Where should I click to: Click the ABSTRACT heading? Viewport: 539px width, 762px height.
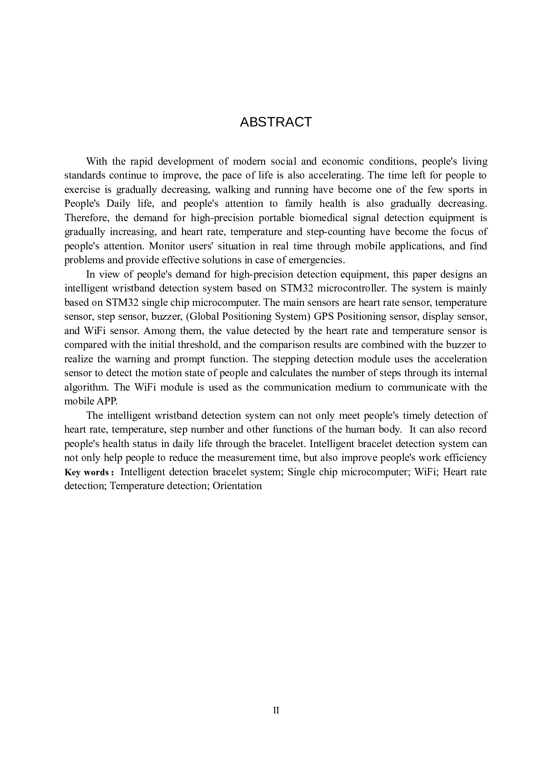pos(276,122)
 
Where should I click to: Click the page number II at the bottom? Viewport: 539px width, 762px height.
pos(276,710)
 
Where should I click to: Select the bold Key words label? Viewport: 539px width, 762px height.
pos(89,473)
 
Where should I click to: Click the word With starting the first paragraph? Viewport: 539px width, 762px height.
pos(96,162)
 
